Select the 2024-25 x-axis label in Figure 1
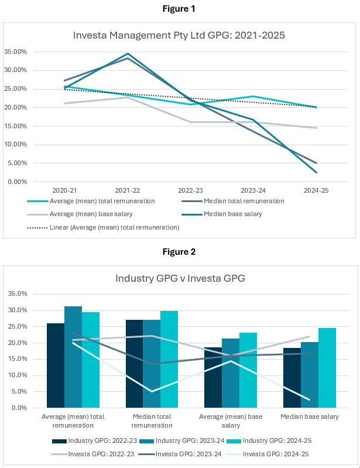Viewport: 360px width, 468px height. click(317, 190)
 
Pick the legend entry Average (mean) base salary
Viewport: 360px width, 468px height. click(98, 214)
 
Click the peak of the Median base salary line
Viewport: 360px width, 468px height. click(128, 54)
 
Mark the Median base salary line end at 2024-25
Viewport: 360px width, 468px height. click(317, 172)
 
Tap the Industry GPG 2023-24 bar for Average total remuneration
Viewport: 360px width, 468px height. click(73, 357)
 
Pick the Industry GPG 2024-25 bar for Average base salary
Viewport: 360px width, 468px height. click(248, 370)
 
